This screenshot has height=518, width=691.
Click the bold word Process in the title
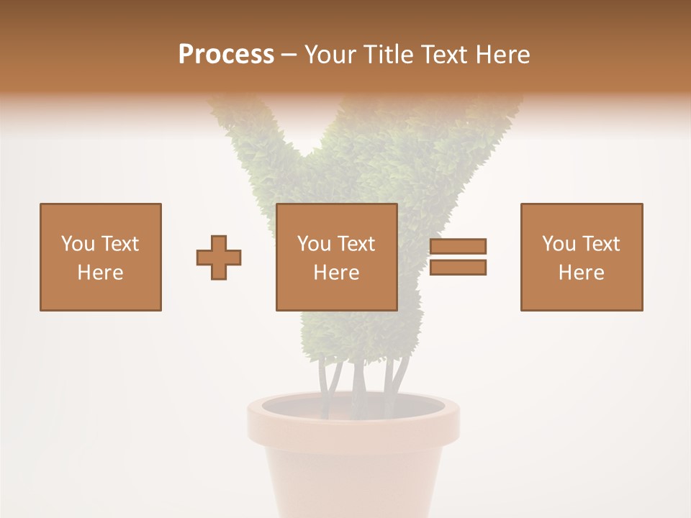pyautogui.click(x=226, y=55)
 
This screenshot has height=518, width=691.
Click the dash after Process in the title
pyautogui.click(x=289, y=55)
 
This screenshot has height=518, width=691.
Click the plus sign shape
pyautogui.click(x=219, y=258)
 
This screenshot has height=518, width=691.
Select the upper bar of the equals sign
pyautogui.click(x=458, y=246)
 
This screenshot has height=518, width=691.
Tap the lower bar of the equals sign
pyautogui.click(x=458, y=268)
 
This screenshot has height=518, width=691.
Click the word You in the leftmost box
pyautogui.click(x=77, y=244)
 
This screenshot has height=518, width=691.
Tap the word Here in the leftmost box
pyautogui.click(x=100, y=273)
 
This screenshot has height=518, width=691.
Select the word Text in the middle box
pyautogui.click(x=356, y=244)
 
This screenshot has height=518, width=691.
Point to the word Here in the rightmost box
pyautogui.click(x=581, y=273)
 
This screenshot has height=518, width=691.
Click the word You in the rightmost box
pyautogui.click(x=558, y=244)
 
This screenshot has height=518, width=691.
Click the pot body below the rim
pyautogui.click(x=353, y=482)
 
